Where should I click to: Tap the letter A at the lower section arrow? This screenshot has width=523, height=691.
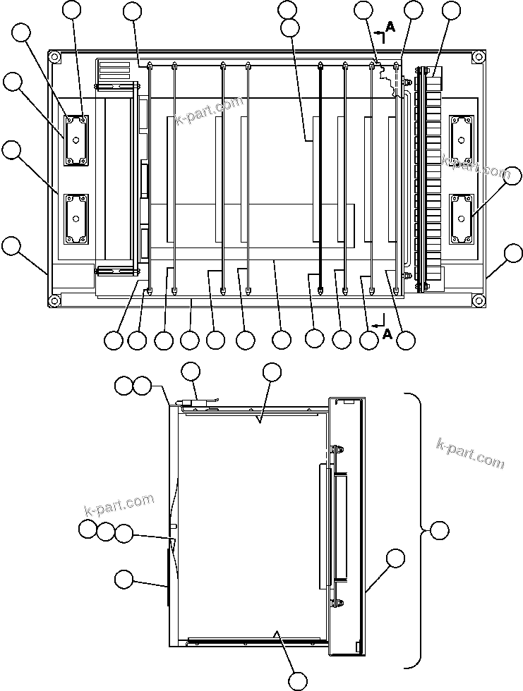coord(387,335)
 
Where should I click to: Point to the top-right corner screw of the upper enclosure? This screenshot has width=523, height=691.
coord(479,56)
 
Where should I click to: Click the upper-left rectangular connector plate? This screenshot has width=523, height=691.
coord(76,140)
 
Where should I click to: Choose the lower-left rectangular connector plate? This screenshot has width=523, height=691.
coord(76,219)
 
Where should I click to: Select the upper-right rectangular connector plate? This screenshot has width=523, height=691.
coord(460,140)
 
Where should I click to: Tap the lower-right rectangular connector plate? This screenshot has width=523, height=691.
coord(460,219)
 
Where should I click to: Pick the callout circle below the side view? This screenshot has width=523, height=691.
coord(299,680)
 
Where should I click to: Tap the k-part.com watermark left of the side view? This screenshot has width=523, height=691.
coord(119,505)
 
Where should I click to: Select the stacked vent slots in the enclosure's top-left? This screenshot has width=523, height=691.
coord(114,71)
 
